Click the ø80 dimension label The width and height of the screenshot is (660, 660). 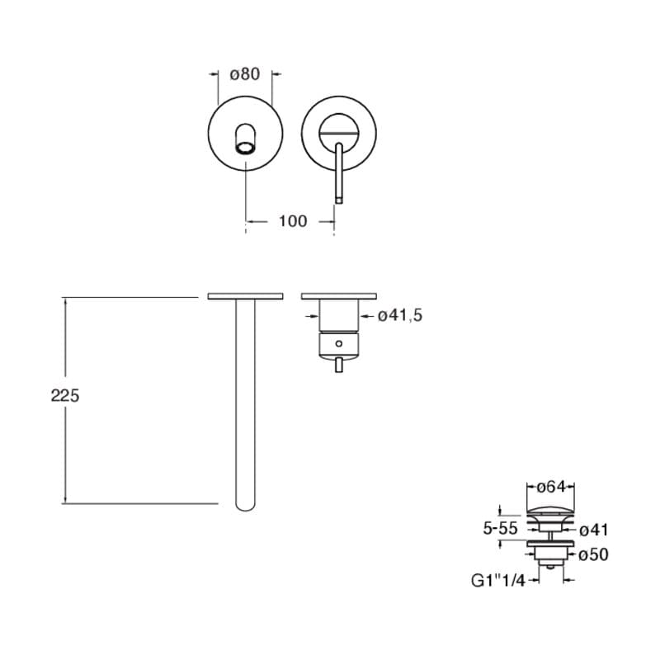244,74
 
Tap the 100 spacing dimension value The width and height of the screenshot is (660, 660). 293,221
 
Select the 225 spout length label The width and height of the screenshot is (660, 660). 65,396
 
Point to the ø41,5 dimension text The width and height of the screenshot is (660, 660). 400,315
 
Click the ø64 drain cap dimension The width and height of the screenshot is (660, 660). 551,487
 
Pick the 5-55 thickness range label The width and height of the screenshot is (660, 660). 500,528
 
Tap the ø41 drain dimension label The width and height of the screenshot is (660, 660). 594,530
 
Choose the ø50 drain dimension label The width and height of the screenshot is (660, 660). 593,554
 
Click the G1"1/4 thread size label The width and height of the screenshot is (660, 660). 498,581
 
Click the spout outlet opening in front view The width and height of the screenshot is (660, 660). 245,148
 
